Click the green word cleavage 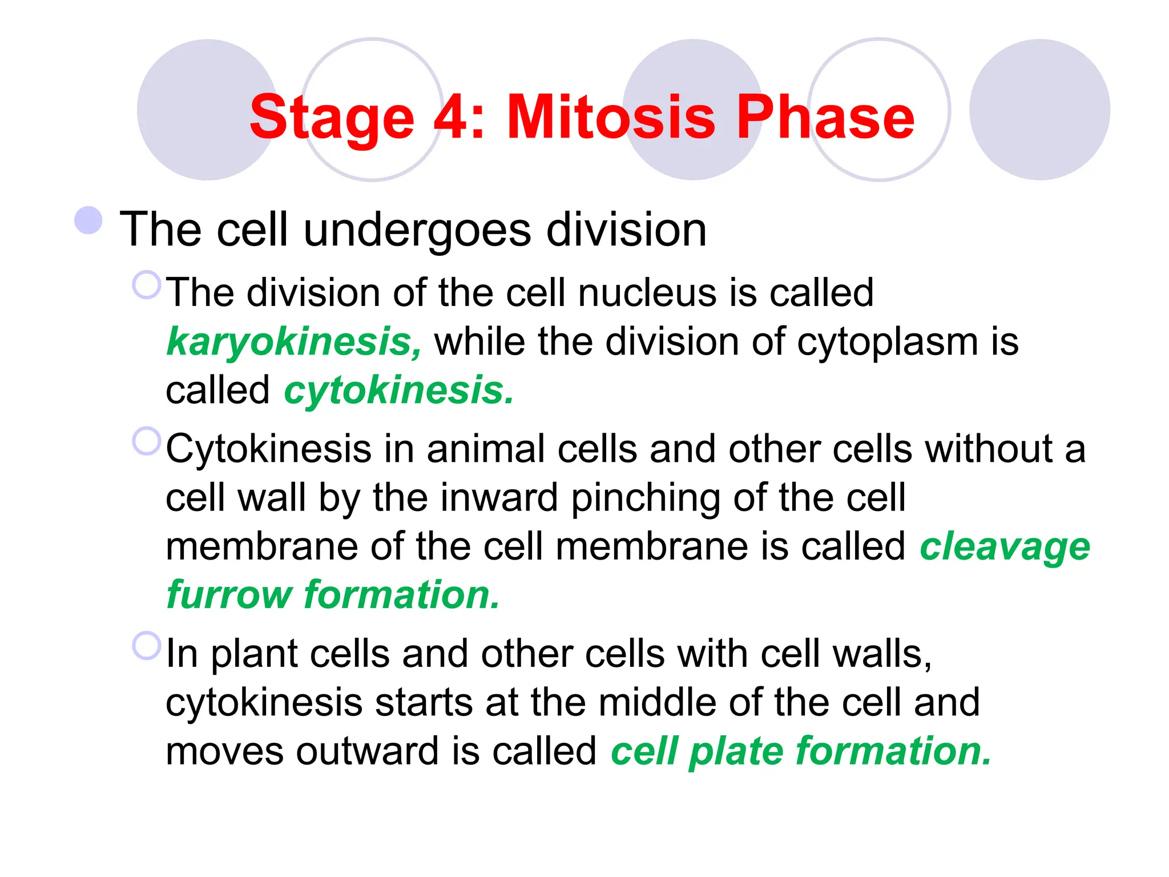[x=1005, y=547]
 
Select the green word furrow [x=229, y=595]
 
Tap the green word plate [x=736, y=751]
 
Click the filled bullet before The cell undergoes [x=88, y=220]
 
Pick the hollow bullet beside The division [x=146, y=285]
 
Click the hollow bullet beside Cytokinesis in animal [x=146, y=441]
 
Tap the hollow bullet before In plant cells [x=146, y=646]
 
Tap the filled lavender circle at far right [x=1039, y=110]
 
